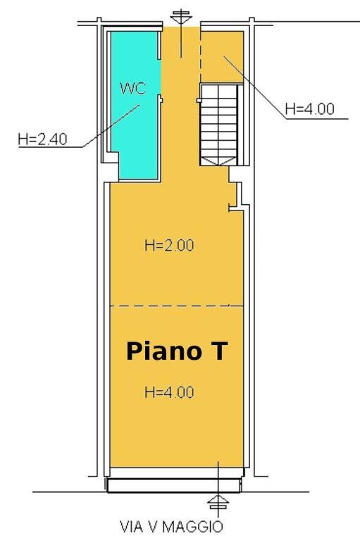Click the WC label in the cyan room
pyautogui.click(x=133, y=88)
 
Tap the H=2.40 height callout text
pyautogui.click(x=43, y=139)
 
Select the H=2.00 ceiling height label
pyautogui.click(x=169, y=246)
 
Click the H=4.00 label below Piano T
pyautogui.click(x=169, y=392)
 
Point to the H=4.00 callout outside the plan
pyautogui.click(x=310, y=109)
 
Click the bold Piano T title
pyautogui.click(x=177, y=351)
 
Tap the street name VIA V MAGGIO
pyautogui.click(x=171, y=527)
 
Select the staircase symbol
pyautogui.click(x=219, y=125)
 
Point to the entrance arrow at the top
pyautogui.click(x=182, y=34)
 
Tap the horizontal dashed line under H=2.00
pyautogui.click(x=170, y=306)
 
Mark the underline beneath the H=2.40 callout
pyautogui.click(x=51, y=147)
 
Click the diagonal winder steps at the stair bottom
pyautogui.click(x=219, y=161)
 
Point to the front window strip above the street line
pyautogui.click(x=174, y=486)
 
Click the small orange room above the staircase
pyautogui.click(x=222, y=57)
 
